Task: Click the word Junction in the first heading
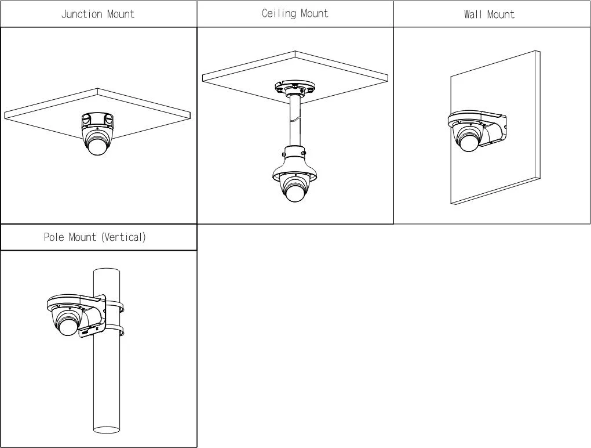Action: [x=82, y=14]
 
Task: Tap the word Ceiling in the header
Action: [x=279, y=13]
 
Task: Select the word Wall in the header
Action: [x=473, y=14]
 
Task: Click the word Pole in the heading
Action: [x=54, y=237]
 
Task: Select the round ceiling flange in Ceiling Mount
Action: [x=294, y=88]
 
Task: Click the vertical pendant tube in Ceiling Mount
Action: [x=294, y=122]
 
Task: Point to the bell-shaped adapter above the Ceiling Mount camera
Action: [x=294, y=165]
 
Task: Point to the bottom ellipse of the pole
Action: [x=106, y=429]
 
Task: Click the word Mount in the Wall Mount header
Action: [x=500, y=14]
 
